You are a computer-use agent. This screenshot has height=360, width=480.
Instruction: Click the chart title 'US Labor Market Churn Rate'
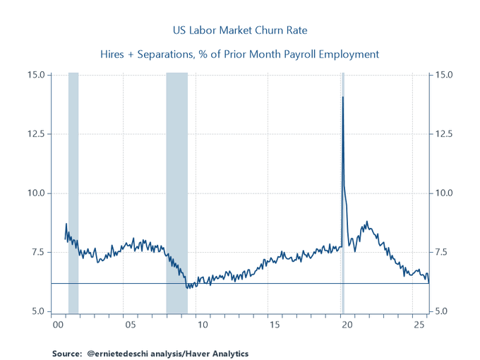(240, 30)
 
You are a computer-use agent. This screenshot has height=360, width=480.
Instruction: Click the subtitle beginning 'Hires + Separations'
(240, 54)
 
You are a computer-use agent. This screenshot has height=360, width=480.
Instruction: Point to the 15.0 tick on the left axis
(37, 75)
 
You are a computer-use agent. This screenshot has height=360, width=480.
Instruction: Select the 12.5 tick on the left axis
(37, 134)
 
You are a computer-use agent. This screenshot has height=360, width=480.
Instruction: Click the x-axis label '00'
(59, 325)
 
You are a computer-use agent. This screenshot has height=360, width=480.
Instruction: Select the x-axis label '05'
(131, 325)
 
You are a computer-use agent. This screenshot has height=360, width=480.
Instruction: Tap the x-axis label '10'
(203, 325)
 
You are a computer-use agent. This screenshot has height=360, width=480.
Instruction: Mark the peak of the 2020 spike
(343, 97)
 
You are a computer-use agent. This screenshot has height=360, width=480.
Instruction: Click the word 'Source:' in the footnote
(68, 353)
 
